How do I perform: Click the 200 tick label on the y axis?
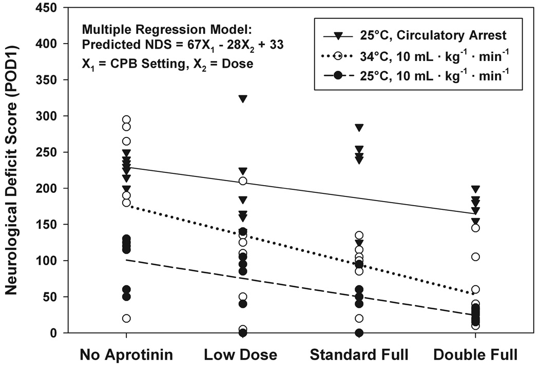point(48,189)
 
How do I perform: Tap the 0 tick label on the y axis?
point(55,333)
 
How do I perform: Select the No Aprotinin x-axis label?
point(126,355)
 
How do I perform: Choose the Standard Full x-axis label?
point(359,355)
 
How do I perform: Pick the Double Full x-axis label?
point(475,355)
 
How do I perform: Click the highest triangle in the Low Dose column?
point(243,98)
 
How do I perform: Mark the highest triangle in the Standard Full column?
point(359,127)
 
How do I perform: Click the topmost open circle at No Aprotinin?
point(126,120)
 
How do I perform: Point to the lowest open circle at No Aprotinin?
point(126,319)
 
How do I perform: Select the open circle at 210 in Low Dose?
point(243,181)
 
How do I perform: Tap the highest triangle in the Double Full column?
point(475,189)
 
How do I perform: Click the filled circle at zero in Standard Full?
point(359,333)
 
